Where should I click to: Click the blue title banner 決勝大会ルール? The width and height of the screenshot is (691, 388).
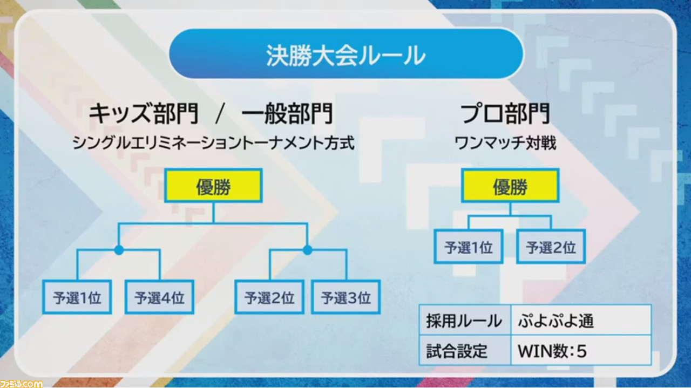click(346, 55)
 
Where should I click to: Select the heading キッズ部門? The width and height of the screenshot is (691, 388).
click(144, 114)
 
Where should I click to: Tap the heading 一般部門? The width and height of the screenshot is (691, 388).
click(288, 114)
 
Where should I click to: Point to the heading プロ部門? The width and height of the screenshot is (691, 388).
click(505, 114)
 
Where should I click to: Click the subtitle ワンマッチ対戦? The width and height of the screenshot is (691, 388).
click(505, 144)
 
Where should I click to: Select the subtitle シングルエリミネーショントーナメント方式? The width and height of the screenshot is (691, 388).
click(213, 144)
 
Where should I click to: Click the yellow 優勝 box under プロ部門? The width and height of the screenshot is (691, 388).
click(510, 186)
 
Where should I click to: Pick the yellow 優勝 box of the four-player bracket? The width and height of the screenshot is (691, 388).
click(213, 186)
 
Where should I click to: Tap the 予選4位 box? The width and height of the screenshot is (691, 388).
click(159, 297)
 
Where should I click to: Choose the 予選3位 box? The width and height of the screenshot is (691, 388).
click(346, 297)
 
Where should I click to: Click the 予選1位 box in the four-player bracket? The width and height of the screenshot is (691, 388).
click(77, 297)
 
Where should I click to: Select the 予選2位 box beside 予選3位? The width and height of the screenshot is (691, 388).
click(269, 297)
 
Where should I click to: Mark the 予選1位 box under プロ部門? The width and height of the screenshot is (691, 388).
click(469, 247)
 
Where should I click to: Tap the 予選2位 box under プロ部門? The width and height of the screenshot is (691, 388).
click(551, 247)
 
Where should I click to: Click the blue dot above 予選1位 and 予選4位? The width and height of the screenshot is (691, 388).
click(119, 250)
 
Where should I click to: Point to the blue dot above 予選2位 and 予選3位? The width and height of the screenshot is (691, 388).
click(308, 250)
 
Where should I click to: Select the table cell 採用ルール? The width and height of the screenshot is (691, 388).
click(465, 320)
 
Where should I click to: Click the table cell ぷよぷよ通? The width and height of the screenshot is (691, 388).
click(581, 320)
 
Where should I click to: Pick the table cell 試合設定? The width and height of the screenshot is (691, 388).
click(465, 350)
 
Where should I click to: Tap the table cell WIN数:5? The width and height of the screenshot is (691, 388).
click(581, 350)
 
